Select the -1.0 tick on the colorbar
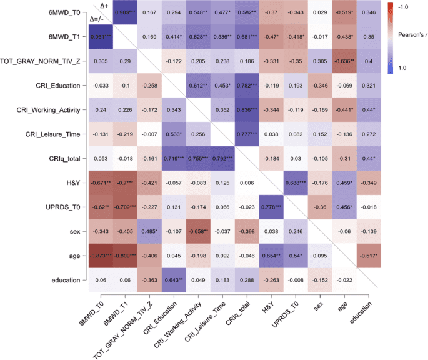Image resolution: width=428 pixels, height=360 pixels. [x=407, y=6]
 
